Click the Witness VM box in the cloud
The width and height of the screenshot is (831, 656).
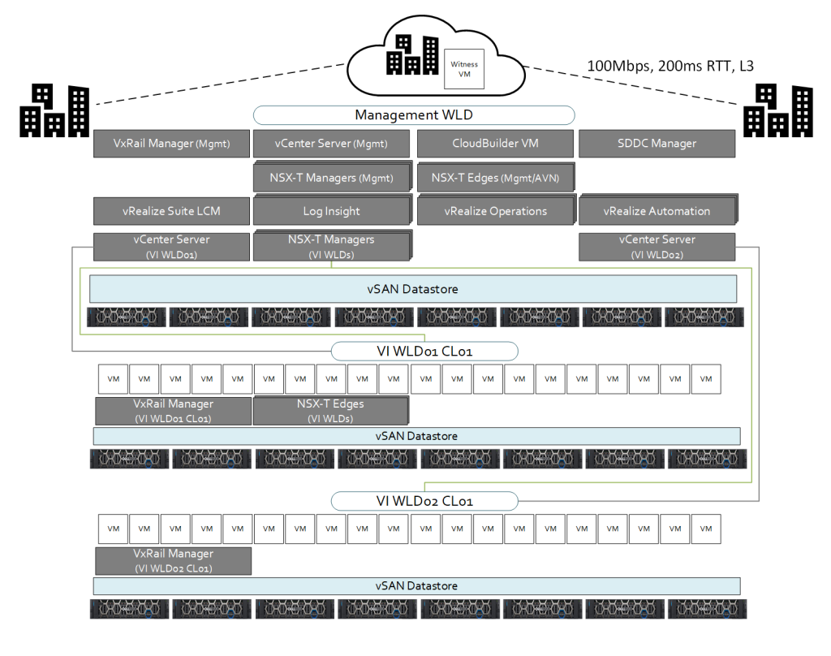pyautogui.click(x=465, y=68)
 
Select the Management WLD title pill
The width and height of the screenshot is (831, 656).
pyautogui.click(x=414, y=115)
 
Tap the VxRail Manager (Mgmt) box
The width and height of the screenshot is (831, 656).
pyautogui.click(x=172, y=144)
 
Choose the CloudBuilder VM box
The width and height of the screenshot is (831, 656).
pyautogui.click(x=495, y=144)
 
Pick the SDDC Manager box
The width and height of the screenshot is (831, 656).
pyautogui.click(x=657, y=144)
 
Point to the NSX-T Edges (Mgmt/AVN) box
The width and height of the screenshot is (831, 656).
pyautogui.click(x=495, y=178)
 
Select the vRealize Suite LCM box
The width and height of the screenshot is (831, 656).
pyautogui.click(x=172, y=211)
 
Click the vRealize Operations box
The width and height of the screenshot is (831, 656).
pyautogui.click(x=495, y=211)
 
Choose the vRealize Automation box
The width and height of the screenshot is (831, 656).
pyautogui.click(x=657, y=211)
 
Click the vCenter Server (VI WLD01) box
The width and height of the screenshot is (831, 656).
pyautogui.click(x=172, y=247)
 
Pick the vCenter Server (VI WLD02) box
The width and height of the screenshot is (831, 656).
pyautogui.click(x=657, y=247)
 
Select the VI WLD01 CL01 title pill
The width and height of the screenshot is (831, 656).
pyautogui.click(x=424, y=352)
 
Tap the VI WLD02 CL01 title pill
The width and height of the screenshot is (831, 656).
pyautogui.click(x=424, y=501)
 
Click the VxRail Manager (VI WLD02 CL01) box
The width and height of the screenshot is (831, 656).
pyautogui.click(x=173, y=561)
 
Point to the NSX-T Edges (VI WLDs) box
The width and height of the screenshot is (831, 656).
pyautogui.click(x=330, y=411)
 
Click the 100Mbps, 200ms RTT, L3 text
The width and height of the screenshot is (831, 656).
pyautogui.click(x=670, y=66)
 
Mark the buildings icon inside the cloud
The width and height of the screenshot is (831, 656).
pyautogui.click(x=412, y=55)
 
